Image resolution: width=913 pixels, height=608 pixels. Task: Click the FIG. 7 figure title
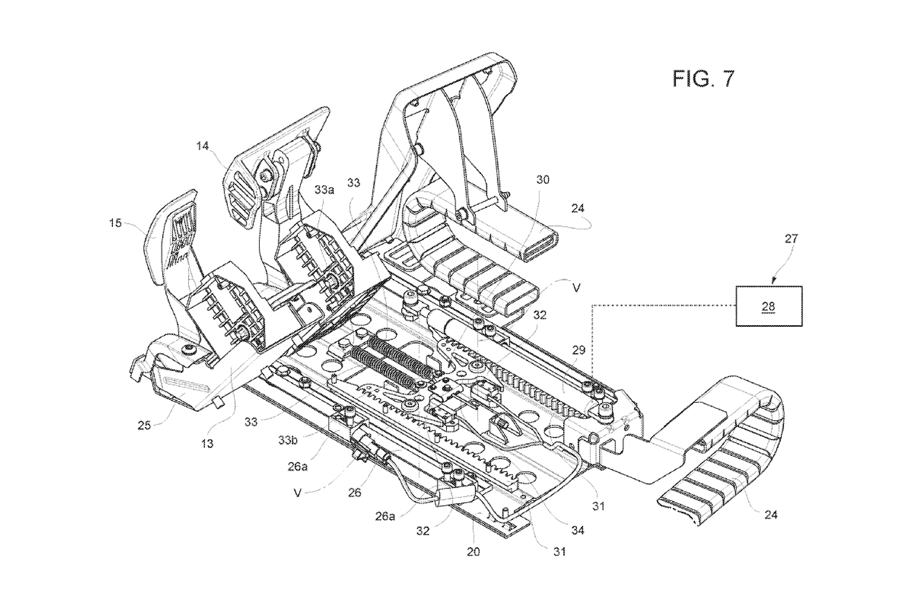tap(703, 79)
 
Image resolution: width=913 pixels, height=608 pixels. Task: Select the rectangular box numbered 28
tap(769, 306)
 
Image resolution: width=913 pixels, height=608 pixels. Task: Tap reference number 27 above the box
tap(791, 238)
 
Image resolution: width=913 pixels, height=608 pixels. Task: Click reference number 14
tap(202, 147)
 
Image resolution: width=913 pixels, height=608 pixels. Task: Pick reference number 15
tap(115, 223)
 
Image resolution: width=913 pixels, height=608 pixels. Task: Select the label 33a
tap(324, 190)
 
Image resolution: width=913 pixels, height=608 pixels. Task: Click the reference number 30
tap(543, 180)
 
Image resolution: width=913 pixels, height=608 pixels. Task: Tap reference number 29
tap(578, 350)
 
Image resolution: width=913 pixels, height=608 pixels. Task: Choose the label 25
tap(144, 425)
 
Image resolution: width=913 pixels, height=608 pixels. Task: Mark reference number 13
tap(207, 443)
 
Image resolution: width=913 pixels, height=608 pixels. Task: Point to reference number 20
tap(473, 552)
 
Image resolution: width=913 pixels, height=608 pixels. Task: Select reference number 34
tap(578, 530)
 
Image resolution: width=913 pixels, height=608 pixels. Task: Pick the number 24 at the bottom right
tap(771, 515)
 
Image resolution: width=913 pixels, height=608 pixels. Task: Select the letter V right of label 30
tap(576, 289)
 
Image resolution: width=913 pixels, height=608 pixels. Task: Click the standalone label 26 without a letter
tap(354, 492)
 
